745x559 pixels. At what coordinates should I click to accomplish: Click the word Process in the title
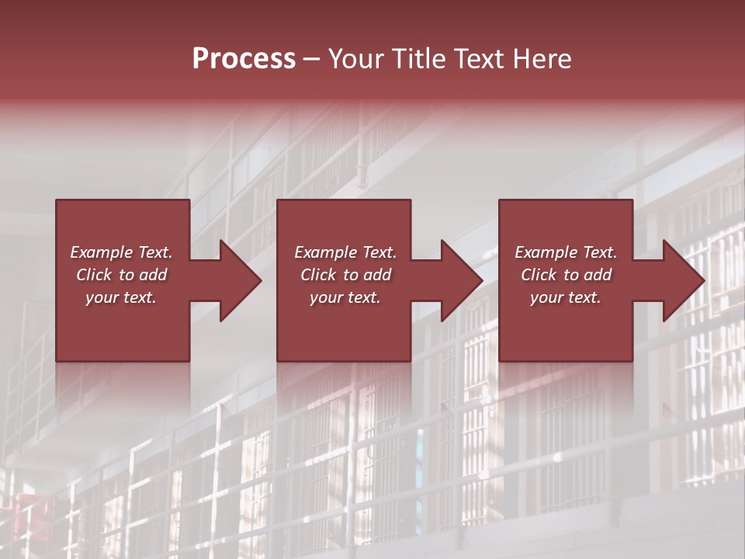click(x=244, y=58)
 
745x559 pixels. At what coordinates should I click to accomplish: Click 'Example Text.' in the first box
click(x=121, y=252)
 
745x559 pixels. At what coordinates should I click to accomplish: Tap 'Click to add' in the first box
click(x=121, y=275)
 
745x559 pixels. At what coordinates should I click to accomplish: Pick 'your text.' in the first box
click(x=121, y=297)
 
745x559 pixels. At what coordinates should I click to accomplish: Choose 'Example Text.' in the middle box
click(x=345, y=252)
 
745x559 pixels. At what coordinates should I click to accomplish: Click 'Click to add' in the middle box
click(x=345, y=275)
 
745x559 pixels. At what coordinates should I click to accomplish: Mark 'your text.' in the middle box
click(x=345, y=297)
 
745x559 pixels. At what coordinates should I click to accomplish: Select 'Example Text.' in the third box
click(x=566, y=252)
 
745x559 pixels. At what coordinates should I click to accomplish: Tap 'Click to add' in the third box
click(x=566, y=275)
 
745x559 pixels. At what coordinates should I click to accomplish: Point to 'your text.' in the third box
click(x=566, y=297)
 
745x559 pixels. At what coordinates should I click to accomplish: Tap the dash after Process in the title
click(x=312, y=60)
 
